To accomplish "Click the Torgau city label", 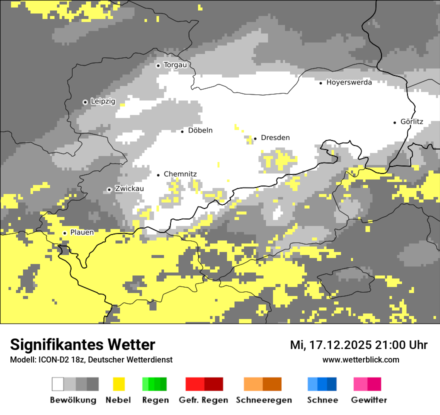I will (x=175, y=65).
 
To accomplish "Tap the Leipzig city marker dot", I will (x=85, y=102).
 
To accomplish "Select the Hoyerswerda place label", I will (x=349, y=82).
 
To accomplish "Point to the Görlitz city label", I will (x=412, y=121).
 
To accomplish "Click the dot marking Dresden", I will (x=255, y=138).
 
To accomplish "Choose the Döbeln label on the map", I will (x=200, y=130).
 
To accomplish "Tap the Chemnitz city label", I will (x=180, y=174).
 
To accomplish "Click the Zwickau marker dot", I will (x=109, y=189).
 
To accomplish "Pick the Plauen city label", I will (x=82, y=232).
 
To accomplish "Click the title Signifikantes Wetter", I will (x=82, y=345).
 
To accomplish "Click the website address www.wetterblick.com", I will (x=360, y=360).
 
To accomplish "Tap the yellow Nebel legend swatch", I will (x=118, y=384).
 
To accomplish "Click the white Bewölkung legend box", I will (x=58, y=384).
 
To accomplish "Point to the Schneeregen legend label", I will (x=263, y=400).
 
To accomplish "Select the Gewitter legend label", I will (x=369, y=400).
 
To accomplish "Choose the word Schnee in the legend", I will (x=322, y=400).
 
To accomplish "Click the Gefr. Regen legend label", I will (x=203, y=400).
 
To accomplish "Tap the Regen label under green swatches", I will (x=155, y=400).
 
